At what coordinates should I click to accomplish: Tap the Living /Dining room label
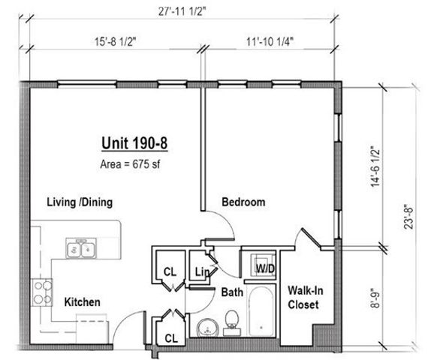click(x=79, y=202)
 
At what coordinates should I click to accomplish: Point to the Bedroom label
click(x=243, y=202)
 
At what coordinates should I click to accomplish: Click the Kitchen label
click(x=82, y=301)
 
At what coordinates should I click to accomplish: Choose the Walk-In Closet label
click(x=303, y=298)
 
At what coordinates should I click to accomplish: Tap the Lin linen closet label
click(x=201, y=271)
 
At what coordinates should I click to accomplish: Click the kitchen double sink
click(x=80, y=248)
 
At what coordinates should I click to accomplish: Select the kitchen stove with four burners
click(x=41, y=289)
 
